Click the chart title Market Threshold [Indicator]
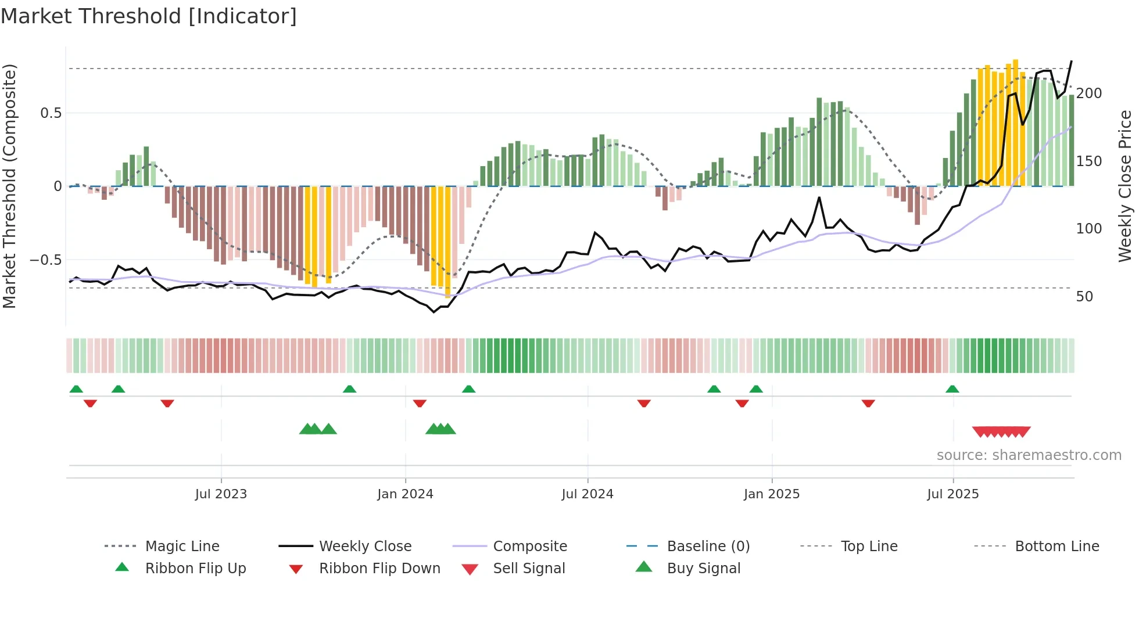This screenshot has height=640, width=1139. (149, 16)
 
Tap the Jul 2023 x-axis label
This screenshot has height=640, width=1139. (221, 494)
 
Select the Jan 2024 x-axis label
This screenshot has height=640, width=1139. (405, 494)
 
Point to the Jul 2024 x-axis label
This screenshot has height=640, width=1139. (588, 494)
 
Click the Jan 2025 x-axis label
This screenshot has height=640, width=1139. (772, 494)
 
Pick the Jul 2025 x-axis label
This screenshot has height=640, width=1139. (953, 494)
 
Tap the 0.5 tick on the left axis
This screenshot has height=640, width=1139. (51, 113)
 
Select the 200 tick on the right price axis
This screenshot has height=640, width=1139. (1089, 94)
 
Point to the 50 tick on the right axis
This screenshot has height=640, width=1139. (1084, 297)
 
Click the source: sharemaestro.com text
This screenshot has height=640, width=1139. (1029, 455)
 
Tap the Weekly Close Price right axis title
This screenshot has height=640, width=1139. (1125, 186)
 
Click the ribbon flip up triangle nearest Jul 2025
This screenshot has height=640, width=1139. (952, 389)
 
